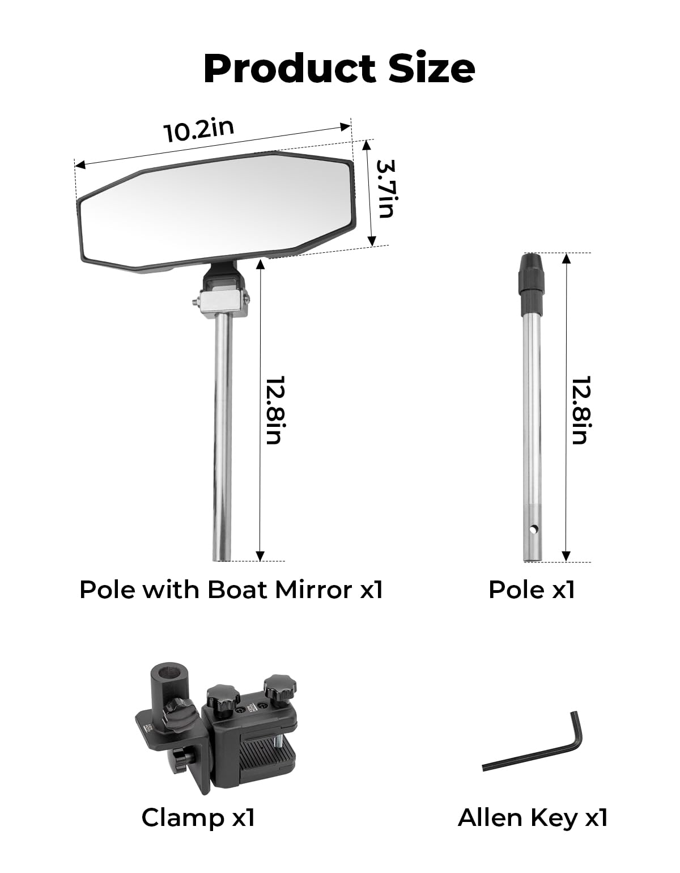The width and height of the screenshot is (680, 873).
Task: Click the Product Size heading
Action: pyautogui.click(x=339, y=69)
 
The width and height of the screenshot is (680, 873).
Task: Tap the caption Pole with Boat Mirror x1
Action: pyautogui.click(x=231, y=590)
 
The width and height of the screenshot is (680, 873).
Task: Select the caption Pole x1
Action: pyautogui.click(x=532, y=590)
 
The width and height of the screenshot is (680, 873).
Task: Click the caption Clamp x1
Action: pyautogui.click(x=198, y=817)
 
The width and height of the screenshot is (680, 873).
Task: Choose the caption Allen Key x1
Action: pyautogui.click(x=533, y=817)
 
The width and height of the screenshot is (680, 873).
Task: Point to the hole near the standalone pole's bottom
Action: pyautogui.click(x=533, y=529)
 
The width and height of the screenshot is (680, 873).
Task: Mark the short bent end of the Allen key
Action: pyautogui.click(x=576, y=731)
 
